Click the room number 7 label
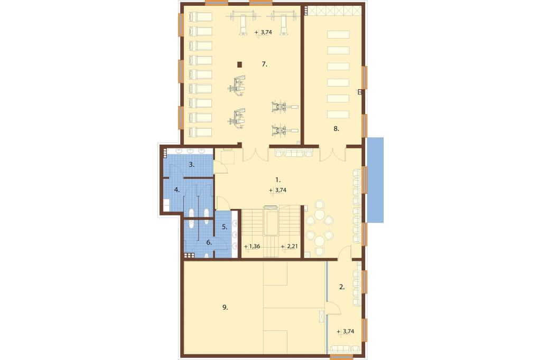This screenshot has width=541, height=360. click(x=264, y=64)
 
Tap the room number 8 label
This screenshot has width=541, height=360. click(x=337, y=129)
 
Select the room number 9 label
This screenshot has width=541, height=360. click(x=225, y=307)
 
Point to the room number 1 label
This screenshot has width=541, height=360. click(x=278, y=179)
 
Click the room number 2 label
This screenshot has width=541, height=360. click(x=342, y=287)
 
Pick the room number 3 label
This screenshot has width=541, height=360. click(x=191, y=165)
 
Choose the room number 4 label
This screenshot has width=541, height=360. click(x=176, y=190)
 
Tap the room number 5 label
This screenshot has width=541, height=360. click(x=224, y=227)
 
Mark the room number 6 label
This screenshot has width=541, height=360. click(x=209, y=243)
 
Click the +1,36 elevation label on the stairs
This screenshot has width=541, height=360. click(x=252, y=247)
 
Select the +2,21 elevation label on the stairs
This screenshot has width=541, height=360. click(x=289, y=247)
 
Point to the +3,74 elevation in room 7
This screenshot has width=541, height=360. click(x=263, y=32)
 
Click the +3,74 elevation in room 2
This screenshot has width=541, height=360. click(x=346, y=331)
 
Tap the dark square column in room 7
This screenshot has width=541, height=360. click(x=239, y=64)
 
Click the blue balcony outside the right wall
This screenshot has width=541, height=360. click(x=376, y=180)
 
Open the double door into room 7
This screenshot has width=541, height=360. click(x=255, y=154)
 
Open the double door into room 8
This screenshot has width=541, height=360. click(x=333, y=154)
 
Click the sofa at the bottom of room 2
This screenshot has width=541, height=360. click(x=345, y=349)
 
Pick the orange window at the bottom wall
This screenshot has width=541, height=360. click(x=342, y=356)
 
